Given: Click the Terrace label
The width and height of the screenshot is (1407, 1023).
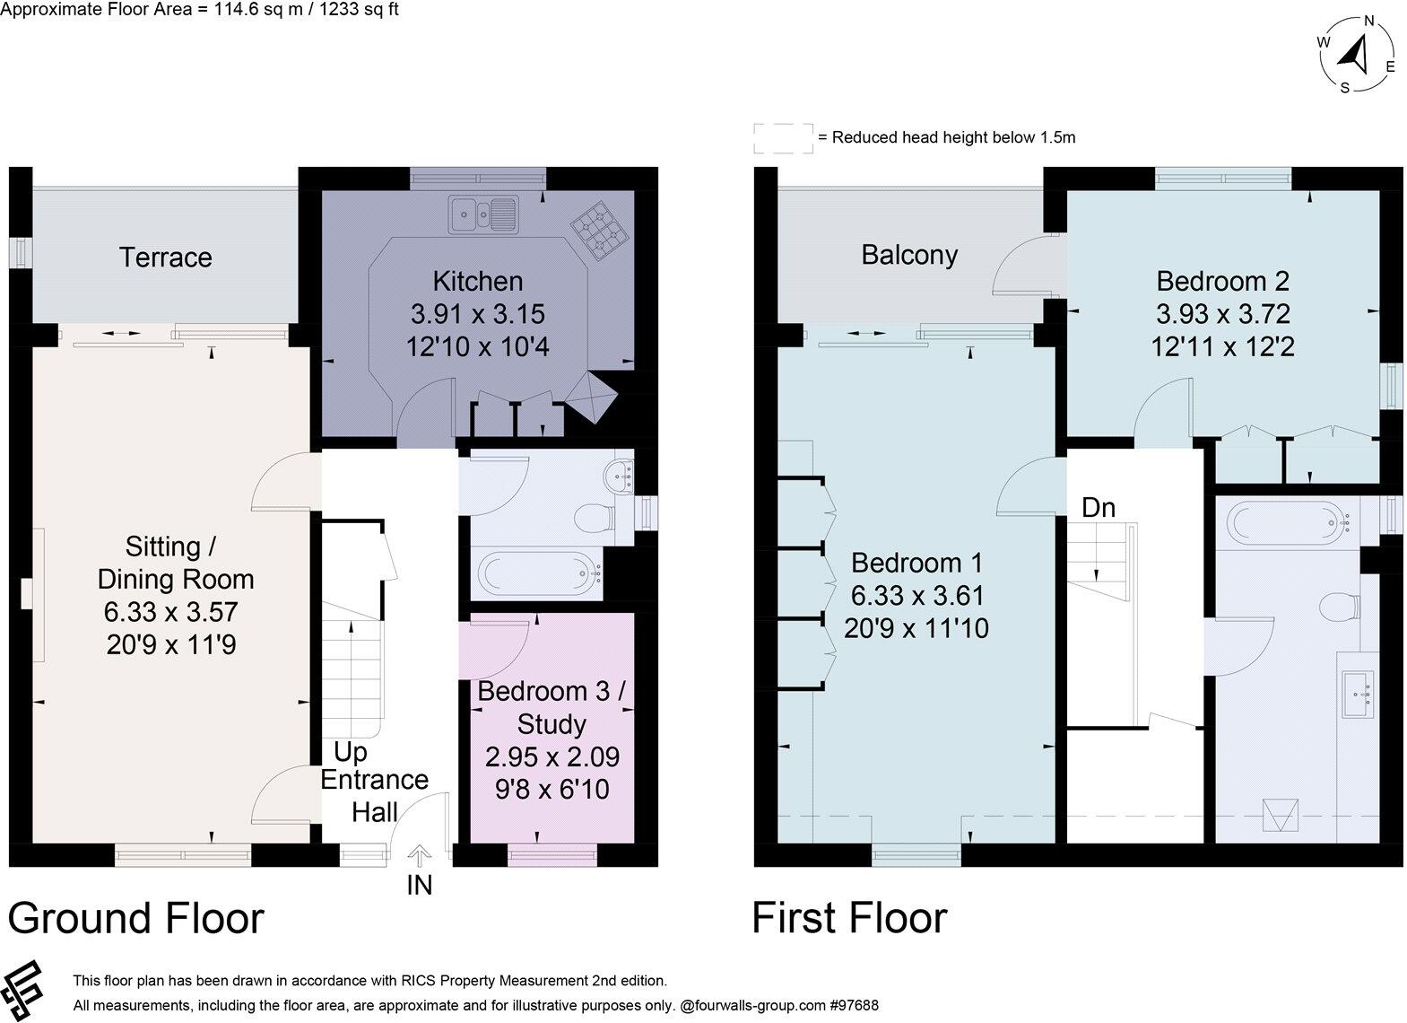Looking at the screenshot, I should (166, 258).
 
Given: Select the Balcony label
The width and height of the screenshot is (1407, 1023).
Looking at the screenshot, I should (909, 255).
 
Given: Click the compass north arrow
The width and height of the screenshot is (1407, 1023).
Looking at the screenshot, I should (1356, 55).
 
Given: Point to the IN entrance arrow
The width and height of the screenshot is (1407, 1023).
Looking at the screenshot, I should (420, 853).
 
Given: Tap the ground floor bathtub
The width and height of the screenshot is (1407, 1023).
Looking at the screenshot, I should (539, 571).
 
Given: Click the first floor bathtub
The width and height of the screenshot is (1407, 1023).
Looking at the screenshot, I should (1288, 520).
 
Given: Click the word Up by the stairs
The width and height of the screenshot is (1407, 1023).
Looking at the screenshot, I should (351, 751).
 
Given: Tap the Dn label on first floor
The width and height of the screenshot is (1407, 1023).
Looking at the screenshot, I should (1099, 508).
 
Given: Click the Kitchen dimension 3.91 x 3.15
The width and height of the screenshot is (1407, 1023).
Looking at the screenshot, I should (478, 314).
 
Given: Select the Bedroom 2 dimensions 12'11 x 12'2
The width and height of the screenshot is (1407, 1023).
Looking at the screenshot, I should (1222, 346).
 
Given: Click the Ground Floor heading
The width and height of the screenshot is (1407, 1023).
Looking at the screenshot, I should (136, 918).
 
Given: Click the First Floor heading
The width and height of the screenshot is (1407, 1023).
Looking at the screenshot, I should (849, 918).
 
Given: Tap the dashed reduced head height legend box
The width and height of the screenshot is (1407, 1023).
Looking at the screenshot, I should (783, 138).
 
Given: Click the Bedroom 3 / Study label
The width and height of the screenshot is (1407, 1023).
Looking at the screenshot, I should (551, 707).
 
